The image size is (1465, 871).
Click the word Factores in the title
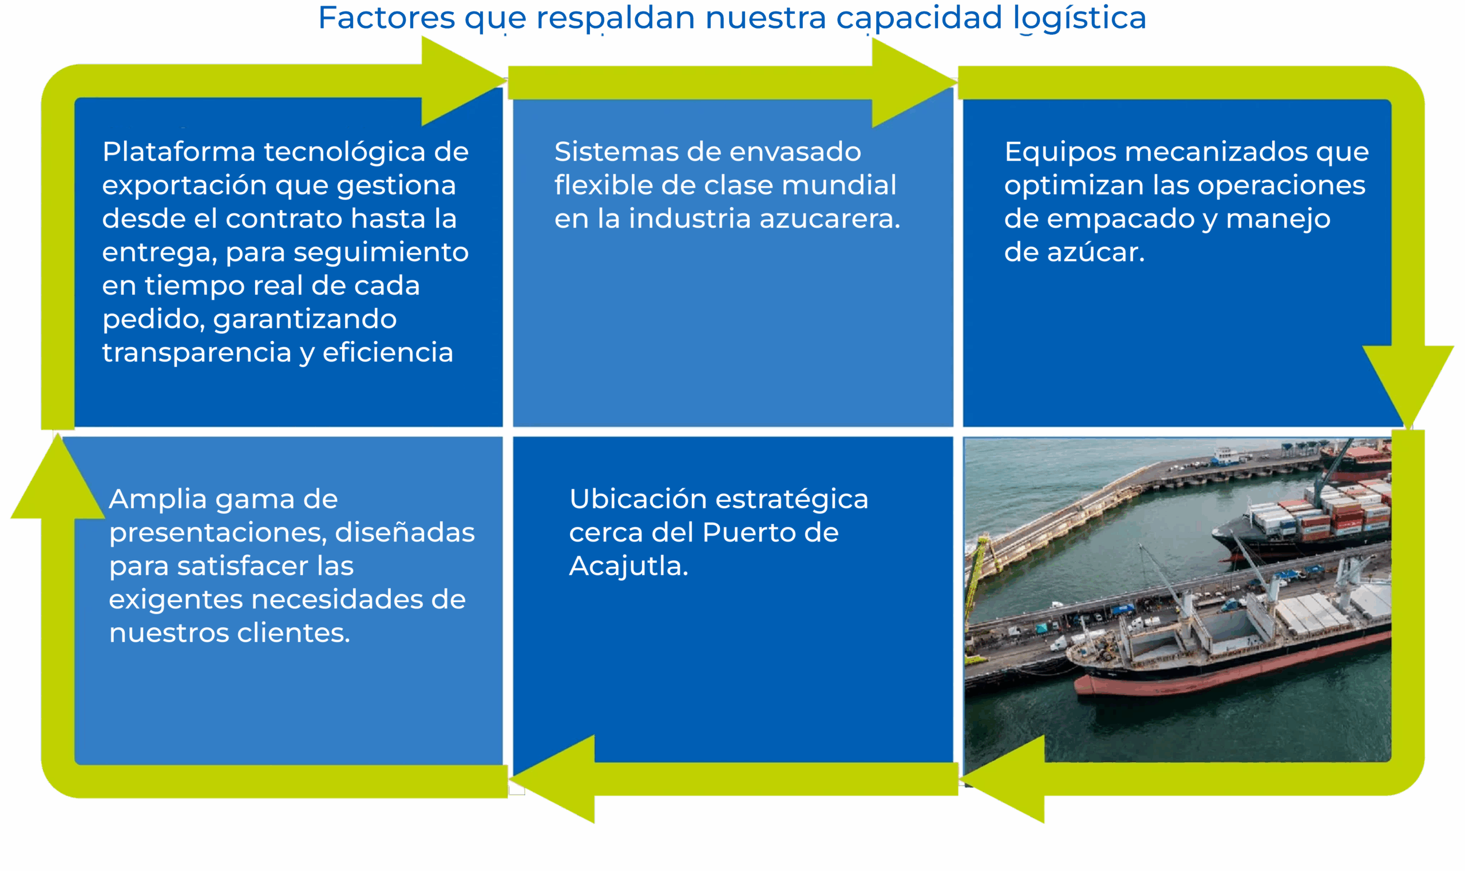[386, 18]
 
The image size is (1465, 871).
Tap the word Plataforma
[179, 152]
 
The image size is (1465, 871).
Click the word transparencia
[196, 353]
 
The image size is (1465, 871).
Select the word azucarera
[829, 219]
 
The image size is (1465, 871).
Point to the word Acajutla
[628, 567]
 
